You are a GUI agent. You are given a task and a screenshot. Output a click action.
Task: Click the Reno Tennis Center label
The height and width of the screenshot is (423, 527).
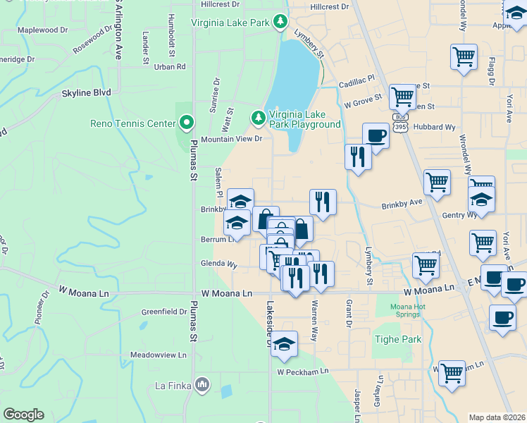pos(132,124)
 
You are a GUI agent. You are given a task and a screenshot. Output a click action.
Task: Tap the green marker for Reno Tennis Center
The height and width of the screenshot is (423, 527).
pos(187,124)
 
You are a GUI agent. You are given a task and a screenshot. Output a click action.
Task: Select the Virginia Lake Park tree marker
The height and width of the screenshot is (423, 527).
pos(281,23)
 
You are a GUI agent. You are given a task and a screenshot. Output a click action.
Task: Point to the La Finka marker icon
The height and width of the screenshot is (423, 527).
pos(202,385)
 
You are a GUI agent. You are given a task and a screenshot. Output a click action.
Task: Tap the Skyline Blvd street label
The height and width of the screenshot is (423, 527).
pos(87,92)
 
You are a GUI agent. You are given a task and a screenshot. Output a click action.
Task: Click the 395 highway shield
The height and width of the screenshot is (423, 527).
pos(400,127)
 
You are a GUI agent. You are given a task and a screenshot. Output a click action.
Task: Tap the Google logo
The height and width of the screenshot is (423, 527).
pos(23,415)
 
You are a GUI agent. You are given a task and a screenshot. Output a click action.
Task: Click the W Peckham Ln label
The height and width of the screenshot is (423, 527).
pos(303,372)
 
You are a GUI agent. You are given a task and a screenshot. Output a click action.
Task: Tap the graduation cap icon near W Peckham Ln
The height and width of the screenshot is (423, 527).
pos(284,344)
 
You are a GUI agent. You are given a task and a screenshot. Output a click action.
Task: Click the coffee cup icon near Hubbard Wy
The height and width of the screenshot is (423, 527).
pos(376,135)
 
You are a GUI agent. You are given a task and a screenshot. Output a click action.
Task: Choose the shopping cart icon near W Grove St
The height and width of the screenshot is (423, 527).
pos(402,96)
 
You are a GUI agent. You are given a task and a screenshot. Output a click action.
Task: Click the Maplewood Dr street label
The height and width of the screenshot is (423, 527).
pos(42,30)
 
